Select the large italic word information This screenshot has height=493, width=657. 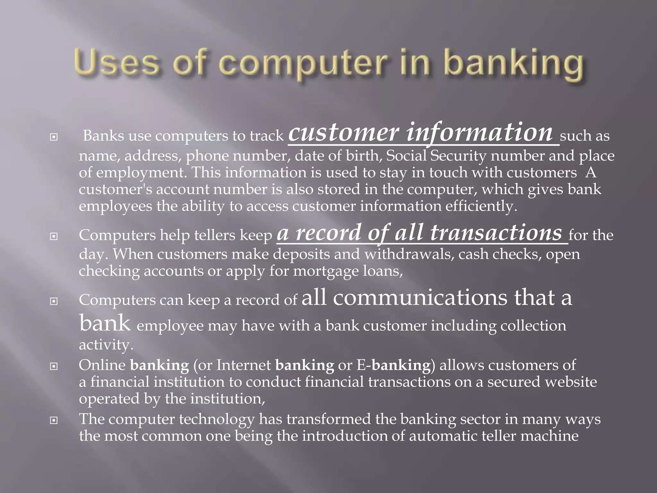(x=480, y=133)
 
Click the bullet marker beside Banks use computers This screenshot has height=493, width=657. (x=54, y=137)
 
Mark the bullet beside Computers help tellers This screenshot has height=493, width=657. (x=54, y=237)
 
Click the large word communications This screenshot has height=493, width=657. (x=420, y=298)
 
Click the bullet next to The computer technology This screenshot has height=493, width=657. (x=54, y=420)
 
